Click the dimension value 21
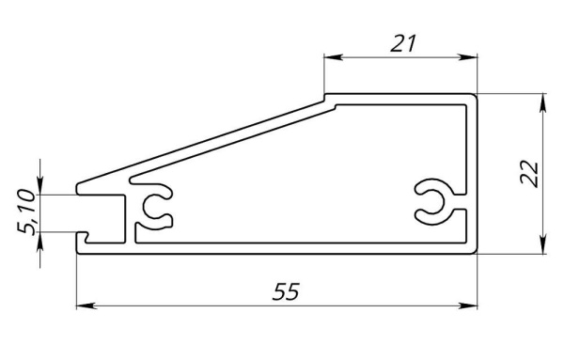coord(403,43)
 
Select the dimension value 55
coord(286,291)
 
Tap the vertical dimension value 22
coord(529,175)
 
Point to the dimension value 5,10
coord(26,211)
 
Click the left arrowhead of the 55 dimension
coord(86,305)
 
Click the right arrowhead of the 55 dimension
coord(467,305)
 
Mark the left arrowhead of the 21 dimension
coord(334,57)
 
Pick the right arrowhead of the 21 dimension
coord(467,57)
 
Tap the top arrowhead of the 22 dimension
coord(543,103)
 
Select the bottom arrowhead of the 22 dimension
coord(543,244)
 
